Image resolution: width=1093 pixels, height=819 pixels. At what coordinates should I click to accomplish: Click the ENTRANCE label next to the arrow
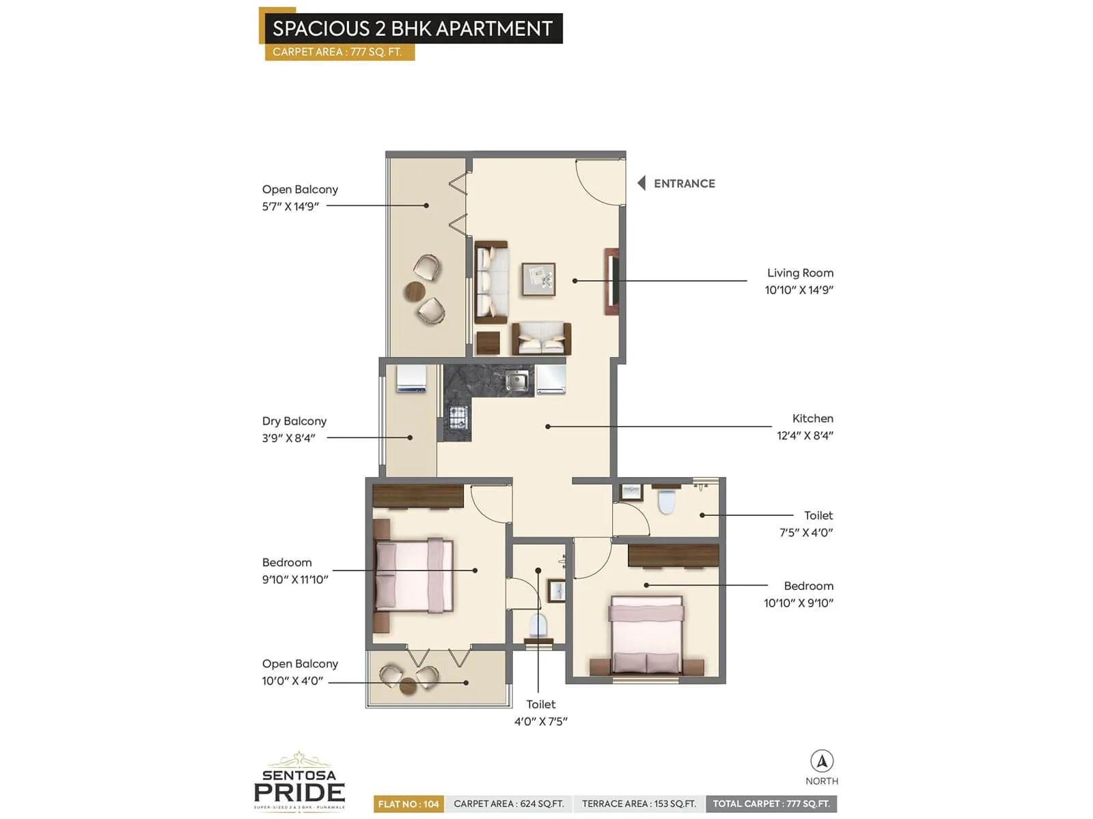pyautogui.click(x=684, y=184)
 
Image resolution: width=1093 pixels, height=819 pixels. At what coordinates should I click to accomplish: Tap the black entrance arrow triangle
pyautogui.click(x=641, y=183)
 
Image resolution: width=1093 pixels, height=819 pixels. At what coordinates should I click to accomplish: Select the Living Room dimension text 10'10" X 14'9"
pyautogui.click(x=799, y=290)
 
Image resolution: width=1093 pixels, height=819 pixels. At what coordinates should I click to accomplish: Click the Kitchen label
pyautogui.click(x=812, y=418)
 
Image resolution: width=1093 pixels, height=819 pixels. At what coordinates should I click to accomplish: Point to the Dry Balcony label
pyautogui.click(x=294, y=421)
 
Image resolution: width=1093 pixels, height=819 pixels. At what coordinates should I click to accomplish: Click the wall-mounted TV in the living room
pyautogui.click(x=612, y=281)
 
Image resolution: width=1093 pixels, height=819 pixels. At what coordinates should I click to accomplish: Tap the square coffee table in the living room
pyautogui.click(x=538, y=279)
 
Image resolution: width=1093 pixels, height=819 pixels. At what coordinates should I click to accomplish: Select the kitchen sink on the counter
pyautogui.click(x=516, y=380)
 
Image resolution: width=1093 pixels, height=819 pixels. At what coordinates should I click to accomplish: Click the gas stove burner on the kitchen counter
pyautogui.click(x=458, y=417)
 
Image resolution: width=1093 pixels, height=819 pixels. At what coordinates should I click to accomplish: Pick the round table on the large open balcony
pyautogui.click(x=415, y=291)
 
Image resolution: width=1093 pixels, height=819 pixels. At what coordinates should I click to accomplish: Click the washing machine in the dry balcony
pyautogui.click(x=411, y=379)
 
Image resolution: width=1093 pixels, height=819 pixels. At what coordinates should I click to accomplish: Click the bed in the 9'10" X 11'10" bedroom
pyautogui.click(x=413, y=574)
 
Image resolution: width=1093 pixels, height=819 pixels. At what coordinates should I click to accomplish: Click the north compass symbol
pyautogui.click(x=822, y=761)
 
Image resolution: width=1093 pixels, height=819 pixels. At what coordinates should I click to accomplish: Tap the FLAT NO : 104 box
pyautogui.click(x=409, y=804)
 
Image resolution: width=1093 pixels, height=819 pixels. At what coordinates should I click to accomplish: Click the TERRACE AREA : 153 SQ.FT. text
pyautogui.click(x=639, y=804)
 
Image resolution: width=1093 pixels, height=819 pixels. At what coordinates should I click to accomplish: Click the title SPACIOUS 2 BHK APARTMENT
pyautogui.click(x=412, y=29)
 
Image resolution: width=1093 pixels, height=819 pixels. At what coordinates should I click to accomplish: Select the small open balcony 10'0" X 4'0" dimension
pyautogui.click(x=292, y=681)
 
